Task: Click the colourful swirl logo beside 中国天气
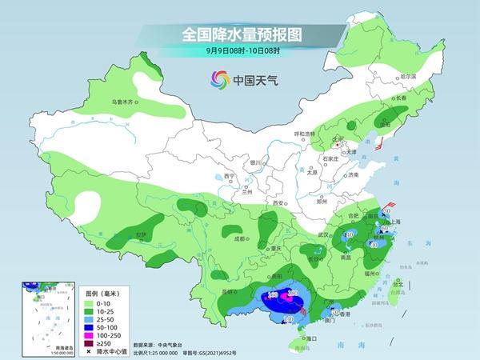[218, 79]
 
